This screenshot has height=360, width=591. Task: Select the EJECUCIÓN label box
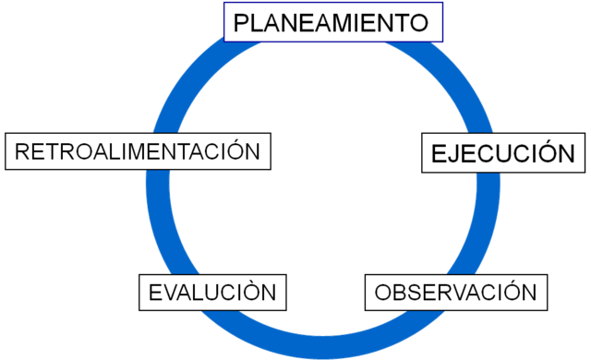point(503,153)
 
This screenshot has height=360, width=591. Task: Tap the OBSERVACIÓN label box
point(455,293)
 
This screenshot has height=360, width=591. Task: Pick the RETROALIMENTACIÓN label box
point(139,151)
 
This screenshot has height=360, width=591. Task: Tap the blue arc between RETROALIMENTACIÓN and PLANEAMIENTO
point(199,74)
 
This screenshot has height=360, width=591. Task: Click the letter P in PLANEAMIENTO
point(241,23)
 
